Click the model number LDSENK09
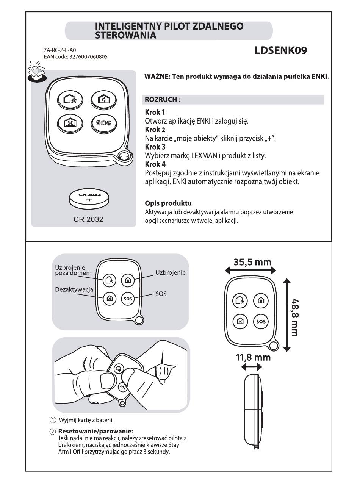[x=281, y=50]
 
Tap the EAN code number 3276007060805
[x=89, y=57]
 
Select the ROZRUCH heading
[x=163, y=100]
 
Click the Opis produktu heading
[x=168, y=203]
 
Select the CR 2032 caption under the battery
[x=88, y=219]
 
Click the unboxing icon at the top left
[x=37, y=71]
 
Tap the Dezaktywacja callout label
[x=74, y=289]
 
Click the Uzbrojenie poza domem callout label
[x=73, y=270]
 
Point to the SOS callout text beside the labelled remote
[x=161, y=294]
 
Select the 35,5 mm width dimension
[x=252, y=262]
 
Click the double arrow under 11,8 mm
[x=252, y=367]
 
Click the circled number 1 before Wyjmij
[x=53, y=420]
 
